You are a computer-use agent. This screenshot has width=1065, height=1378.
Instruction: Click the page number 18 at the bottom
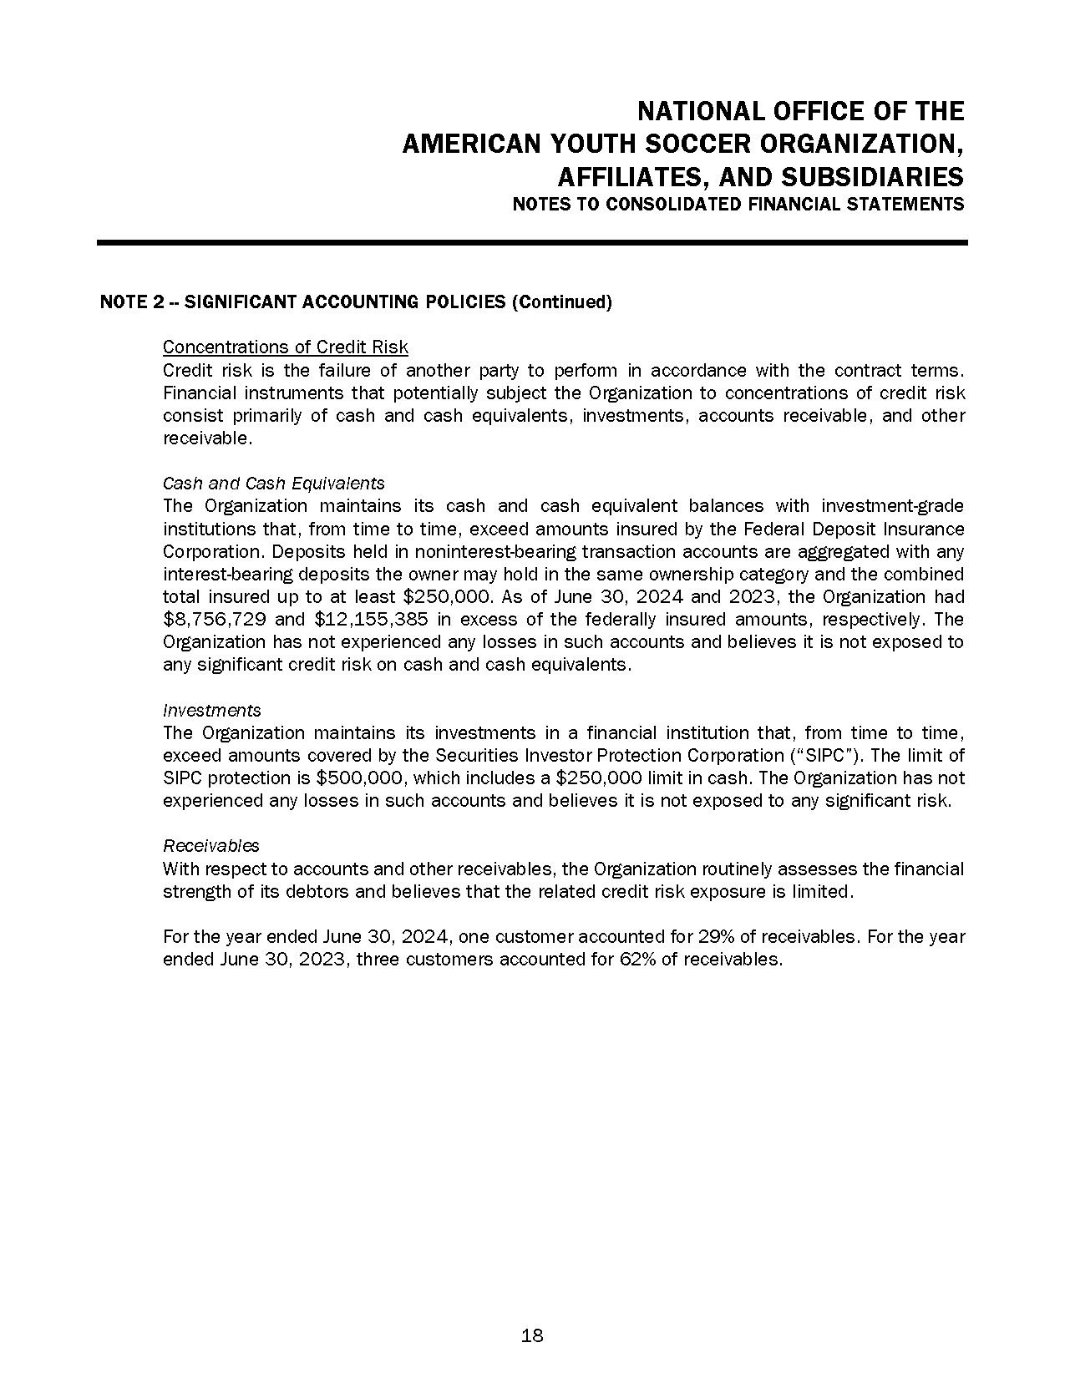tap(532, 1335)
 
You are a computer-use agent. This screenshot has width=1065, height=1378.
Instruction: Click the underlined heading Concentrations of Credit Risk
tap(285, 347)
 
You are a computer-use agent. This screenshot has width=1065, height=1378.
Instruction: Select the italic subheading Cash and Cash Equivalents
tap(273, 483)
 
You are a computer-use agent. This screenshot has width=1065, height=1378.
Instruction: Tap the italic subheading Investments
tap(211, 710)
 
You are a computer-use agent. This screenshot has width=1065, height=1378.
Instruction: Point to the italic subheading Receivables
tap(210, 845)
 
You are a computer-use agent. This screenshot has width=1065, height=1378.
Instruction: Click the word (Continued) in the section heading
tap(561, 301)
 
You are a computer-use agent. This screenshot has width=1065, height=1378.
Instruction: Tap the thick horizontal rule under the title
tap(532, 243)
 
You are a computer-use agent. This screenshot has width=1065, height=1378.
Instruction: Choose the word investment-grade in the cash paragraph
tap(892, 506)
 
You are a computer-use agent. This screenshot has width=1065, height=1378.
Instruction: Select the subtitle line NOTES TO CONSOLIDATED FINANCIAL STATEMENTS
tap(738, 204)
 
